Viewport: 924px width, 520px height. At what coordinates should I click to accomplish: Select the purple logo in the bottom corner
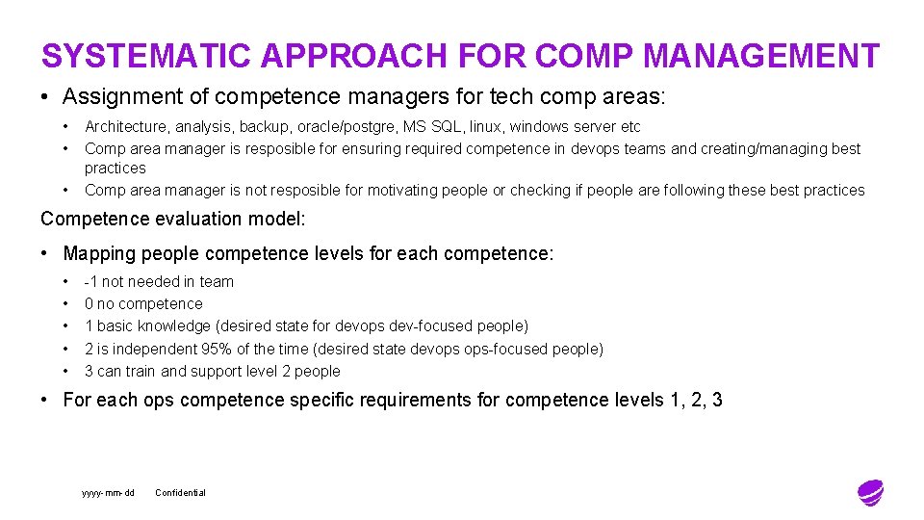click(x=870, y=492)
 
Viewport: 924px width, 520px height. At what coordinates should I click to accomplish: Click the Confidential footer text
click(x=180, y=493)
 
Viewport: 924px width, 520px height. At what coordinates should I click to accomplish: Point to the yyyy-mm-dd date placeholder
click(x=108, y=493)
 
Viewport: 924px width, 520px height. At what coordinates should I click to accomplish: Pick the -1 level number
click(x=91, y=282)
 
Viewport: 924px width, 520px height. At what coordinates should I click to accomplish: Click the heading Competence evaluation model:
click(x=173, y=219)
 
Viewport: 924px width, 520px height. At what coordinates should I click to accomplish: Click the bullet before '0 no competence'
click(x=66, y=304)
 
